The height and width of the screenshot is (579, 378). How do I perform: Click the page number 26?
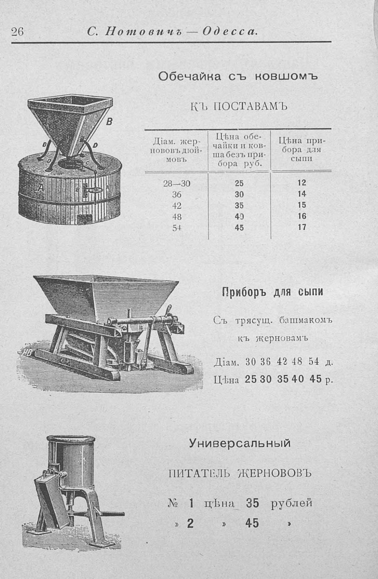pos(17,32)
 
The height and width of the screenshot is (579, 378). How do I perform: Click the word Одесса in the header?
pos(230,32)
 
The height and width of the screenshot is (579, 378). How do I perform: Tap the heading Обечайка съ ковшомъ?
pos(238,77)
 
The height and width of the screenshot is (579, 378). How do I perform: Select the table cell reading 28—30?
pos(177,183)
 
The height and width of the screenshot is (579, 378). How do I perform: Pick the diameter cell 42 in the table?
pos(177,206)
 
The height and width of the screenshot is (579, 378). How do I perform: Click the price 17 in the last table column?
pos(301,227)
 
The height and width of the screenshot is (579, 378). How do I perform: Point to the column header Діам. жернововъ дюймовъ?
pos(177,150)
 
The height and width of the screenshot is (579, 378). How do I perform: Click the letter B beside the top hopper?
pos(109,121)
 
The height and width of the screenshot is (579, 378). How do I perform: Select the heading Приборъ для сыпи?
pos(273,292)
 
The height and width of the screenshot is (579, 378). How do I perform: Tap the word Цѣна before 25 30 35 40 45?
pos(226,379)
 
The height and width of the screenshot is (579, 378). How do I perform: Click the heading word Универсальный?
pos(240,443)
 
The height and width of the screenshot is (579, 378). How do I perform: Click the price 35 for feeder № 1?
pos(252,503)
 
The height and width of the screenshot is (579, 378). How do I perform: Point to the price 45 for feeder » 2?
pos(252,523)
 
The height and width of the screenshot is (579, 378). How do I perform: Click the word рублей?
pos(292,503)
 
